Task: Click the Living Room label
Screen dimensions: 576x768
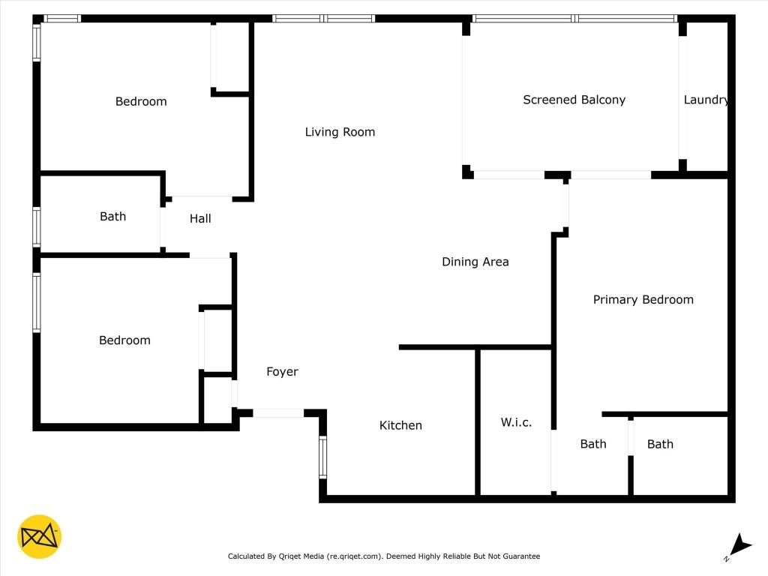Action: (x=340, y=132)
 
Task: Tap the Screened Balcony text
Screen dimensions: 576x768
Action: (x=574, y=100)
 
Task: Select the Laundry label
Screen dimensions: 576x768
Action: (x=706, y=100)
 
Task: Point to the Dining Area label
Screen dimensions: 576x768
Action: (x=475, y=262)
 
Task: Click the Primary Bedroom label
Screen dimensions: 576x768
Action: (x=643, y=299)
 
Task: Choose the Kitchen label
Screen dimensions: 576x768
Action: (x=400, y=425)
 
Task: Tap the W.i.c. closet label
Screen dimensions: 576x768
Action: (x=516, y=422)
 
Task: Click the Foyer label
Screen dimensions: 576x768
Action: (x=282, y=371)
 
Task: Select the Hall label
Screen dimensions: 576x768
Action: (x=200, y=218)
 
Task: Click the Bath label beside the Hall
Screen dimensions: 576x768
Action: (x=112, y=216)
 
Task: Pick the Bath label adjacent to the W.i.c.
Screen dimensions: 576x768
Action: (x=592, y=444)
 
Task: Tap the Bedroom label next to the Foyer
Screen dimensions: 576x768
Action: (x=124, y=340)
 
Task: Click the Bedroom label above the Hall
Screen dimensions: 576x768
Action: (x=141, y=101)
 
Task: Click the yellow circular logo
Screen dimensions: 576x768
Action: (x=39, y=536)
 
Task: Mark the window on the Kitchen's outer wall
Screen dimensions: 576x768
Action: (x=323, y=457)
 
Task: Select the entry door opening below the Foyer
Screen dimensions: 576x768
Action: (x=278, y=412)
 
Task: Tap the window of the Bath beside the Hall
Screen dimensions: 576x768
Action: (x=36, y=227)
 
